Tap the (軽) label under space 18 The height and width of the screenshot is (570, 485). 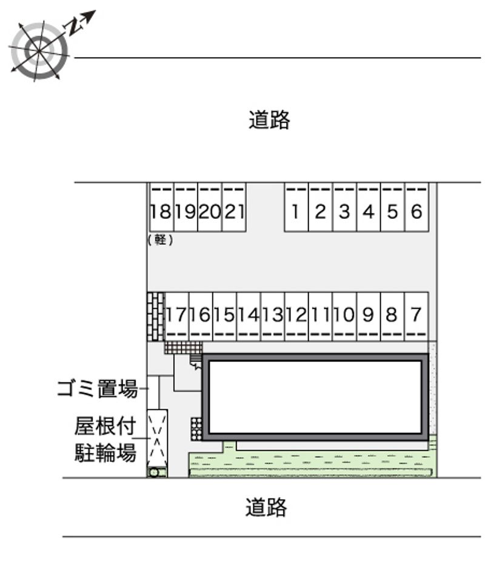160,240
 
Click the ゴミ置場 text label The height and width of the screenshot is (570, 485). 98,388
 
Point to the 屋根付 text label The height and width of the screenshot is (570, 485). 105,426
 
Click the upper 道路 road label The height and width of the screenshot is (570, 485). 269,119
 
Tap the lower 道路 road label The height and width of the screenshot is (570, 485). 266,507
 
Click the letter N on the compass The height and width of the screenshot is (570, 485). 73,26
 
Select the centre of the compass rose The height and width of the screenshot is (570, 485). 39,50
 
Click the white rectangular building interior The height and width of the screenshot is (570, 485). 315,397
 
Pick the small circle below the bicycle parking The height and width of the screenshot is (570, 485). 154,472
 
